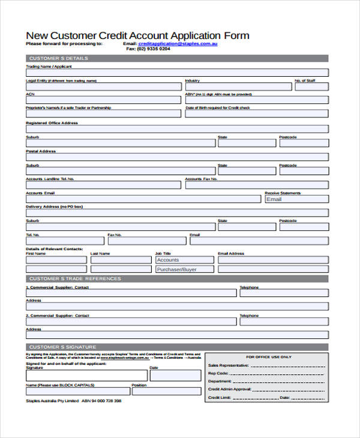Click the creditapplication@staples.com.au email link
click(178, 44)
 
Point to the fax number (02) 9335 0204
click(152, 49)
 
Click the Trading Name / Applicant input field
click(176, 72)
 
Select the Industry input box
click(237, 86)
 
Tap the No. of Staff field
click(310, 86)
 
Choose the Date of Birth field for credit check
click(256, 114)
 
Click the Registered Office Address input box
click(176, 128)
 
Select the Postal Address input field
click(176, 157)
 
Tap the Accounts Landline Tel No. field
click(103, 185)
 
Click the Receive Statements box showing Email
click(296, 199)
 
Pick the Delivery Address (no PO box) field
click(176, 212)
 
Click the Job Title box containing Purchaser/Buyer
click(184, 269)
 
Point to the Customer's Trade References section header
click(75, 279)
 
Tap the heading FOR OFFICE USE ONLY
click(269, 357)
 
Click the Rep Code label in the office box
click(218, 373)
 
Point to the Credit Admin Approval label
click(229, 389)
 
